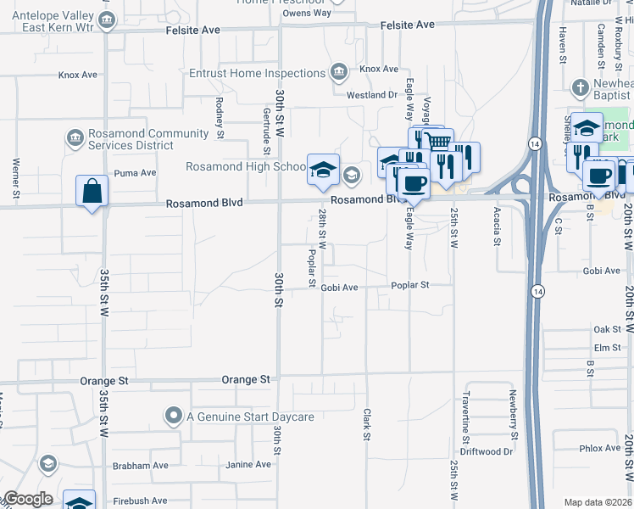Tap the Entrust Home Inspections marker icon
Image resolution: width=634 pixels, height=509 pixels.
[339, 70]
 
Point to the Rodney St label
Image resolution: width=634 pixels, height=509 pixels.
[219, 118]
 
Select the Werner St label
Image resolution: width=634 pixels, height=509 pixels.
[16, 173]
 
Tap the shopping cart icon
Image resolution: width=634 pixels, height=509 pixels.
[437, 141]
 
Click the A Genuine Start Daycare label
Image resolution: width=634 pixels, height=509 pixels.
[250, 417]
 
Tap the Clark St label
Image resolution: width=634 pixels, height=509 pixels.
[367, 425]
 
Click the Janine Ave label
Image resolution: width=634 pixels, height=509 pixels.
[247, 465]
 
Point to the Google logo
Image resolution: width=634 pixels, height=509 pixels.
[28, 499]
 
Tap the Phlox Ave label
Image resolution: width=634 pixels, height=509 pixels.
[600, 448]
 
